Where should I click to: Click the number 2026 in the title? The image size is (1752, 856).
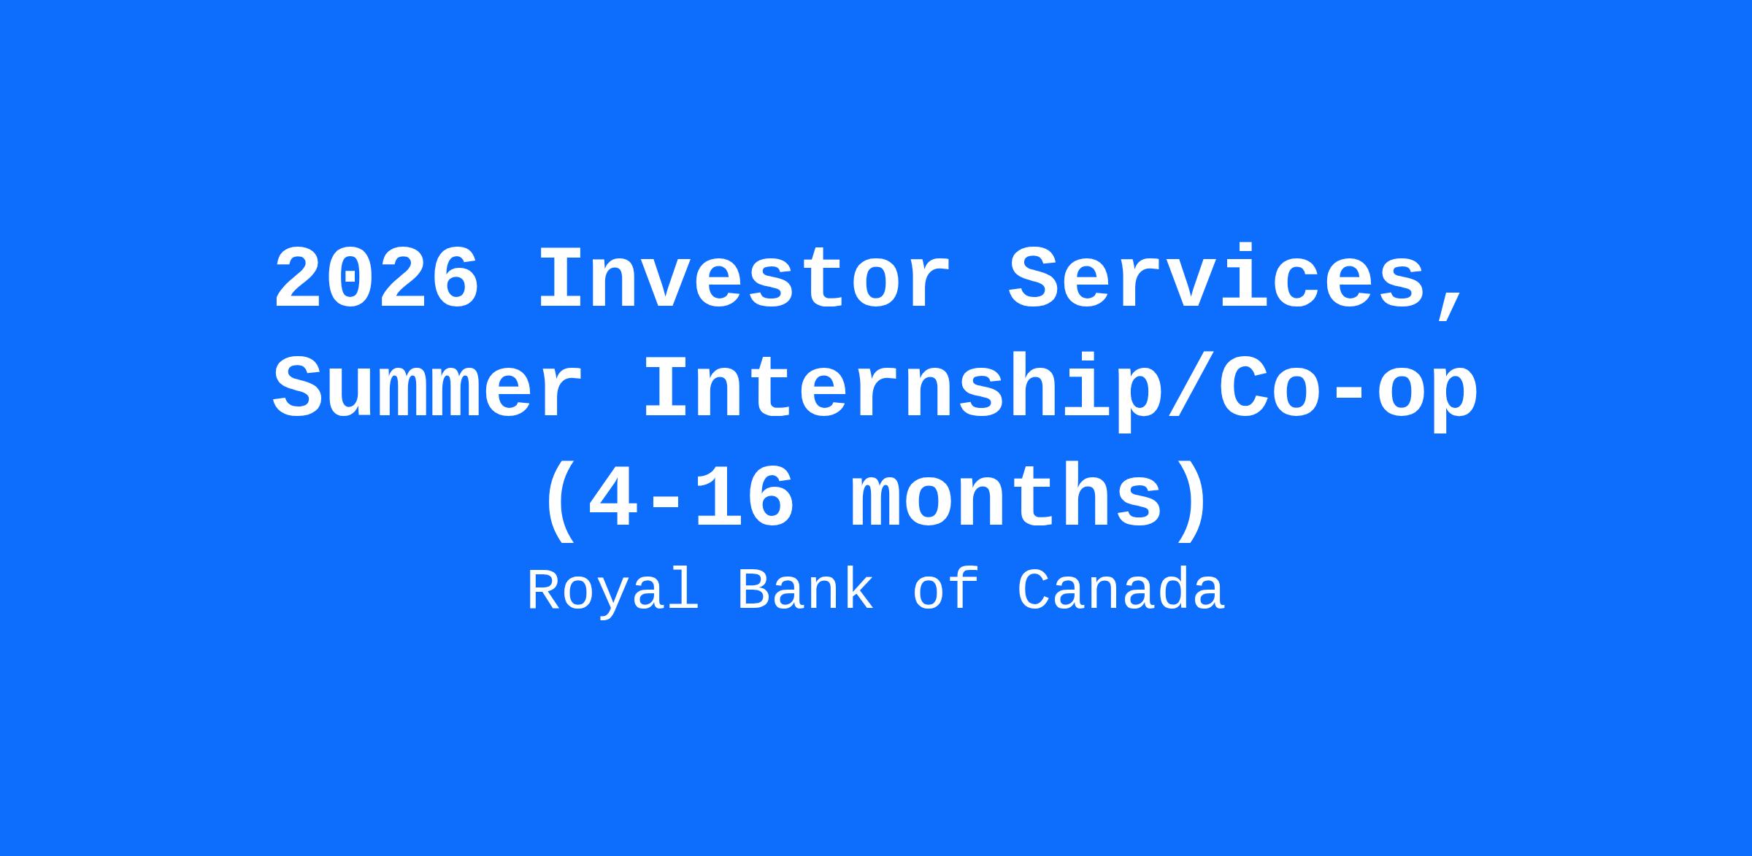377,279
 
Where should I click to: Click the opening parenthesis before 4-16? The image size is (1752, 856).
559,501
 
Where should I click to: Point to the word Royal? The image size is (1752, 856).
612,591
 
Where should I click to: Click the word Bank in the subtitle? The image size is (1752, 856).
805,590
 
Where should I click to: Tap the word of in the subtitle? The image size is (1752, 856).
945,590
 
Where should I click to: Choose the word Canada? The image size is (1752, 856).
1121,590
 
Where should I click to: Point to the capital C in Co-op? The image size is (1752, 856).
1244,388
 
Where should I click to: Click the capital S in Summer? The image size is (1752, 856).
298,388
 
